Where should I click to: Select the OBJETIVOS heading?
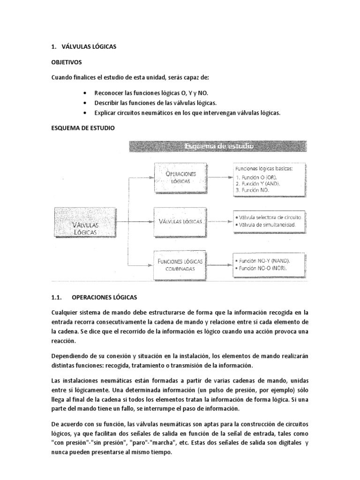pos(67,61)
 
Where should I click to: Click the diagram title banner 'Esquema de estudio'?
pos(218,147)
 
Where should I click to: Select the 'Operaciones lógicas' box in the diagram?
pos(180,177)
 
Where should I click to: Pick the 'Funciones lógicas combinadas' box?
pos(180,265)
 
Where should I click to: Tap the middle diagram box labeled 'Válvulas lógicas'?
pos(180,221)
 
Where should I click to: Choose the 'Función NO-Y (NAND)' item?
pos(264,260)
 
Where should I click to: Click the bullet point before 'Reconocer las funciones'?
pos(83,93)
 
